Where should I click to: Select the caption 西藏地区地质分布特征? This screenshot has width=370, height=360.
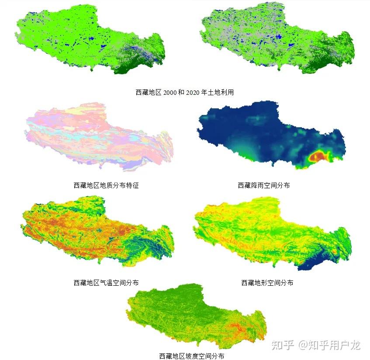click(106, 185)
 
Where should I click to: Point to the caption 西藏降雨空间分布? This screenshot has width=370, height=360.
click(264, 185)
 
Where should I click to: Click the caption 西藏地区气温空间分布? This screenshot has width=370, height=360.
click(106, 283)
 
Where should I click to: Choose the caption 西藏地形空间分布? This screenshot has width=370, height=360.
click(267, 283)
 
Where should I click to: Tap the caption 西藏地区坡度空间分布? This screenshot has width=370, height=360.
click(192, 356)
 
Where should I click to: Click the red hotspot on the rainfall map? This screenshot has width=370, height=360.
click(318, 156)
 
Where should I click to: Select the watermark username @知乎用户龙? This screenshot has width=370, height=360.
click(329, 345)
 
